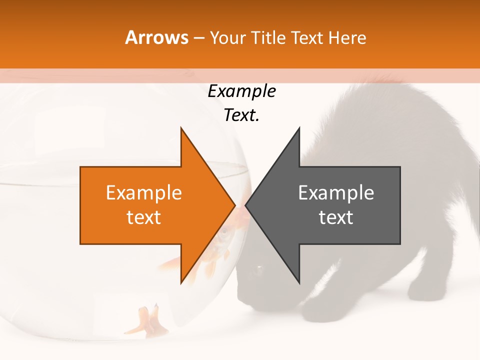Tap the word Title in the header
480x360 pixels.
click(271, 38)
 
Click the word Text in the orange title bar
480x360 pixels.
click(308, 38)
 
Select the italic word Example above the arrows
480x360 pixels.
click(241, 91)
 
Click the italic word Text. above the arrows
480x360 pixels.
click(241, 115)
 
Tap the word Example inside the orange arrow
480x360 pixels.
click(144, 192)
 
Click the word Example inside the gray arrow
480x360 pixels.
click(336, 192)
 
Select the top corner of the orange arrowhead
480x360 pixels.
click(181, 128)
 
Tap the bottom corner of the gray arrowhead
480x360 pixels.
click(299, 282)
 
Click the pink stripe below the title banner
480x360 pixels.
click(240, 75)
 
